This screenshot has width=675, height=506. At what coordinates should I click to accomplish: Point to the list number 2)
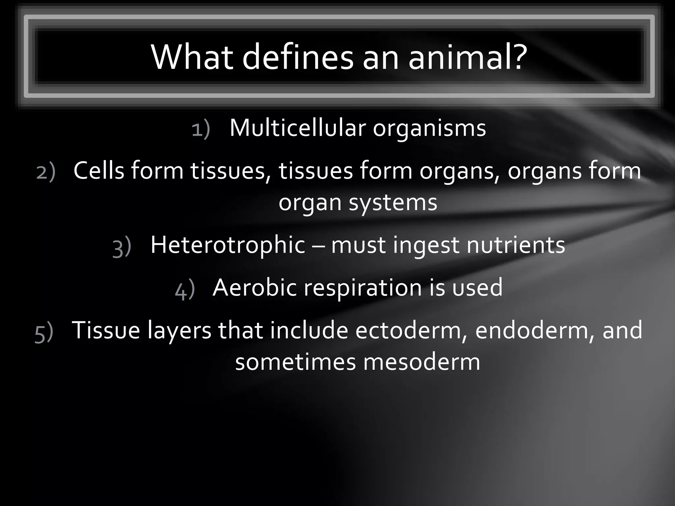[x=46, y=172]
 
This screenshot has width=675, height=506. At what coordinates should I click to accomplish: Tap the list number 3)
[x=122, y=248]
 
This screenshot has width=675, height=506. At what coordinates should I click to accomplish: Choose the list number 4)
[x=185, y=290]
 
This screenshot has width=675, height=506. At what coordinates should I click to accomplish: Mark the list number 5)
[x=44, y=333]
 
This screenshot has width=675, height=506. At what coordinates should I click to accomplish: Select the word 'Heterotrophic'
[x=228, y=245]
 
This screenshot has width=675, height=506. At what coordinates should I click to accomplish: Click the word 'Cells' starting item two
[x=99, y=171]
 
